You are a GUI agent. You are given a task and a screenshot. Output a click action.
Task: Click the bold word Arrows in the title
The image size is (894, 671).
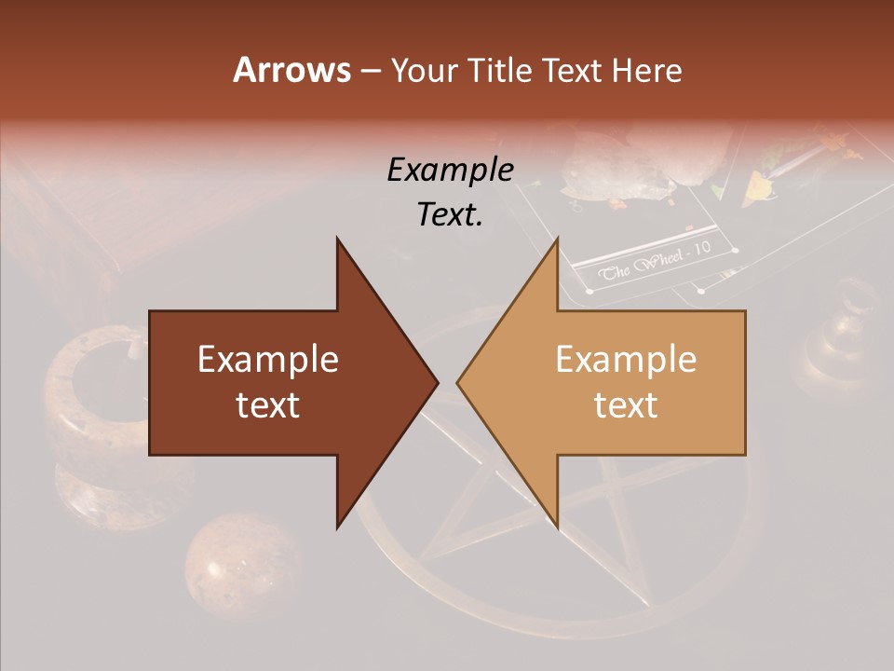pyautogui.click(x=292, y=70)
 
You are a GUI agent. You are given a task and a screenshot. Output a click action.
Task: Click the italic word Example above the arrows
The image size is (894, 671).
pyautogui.click(x=450, y=170)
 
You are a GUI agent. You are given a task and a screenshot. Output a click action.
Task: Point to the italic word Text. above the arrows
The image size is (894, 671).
pyautogui.click(x=450, y=214)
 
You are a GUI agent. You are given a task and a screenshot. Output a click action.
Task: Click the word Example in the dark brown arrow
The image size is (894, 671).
pyautogui.click(x=268, y=360)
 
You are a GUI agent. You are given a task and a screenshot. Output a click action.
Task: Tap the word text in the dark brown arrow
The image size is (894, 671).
pyautogui.click(x=268, y=405)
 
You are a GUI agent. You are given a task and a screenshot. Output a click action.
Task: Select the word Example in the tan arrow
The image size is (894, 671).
pyautogui.click(x=626, y=360)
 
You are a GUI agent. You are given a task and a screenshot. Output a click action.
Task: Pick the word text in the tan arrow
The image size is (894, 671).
pyautogui.click(x=626, y=405)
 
